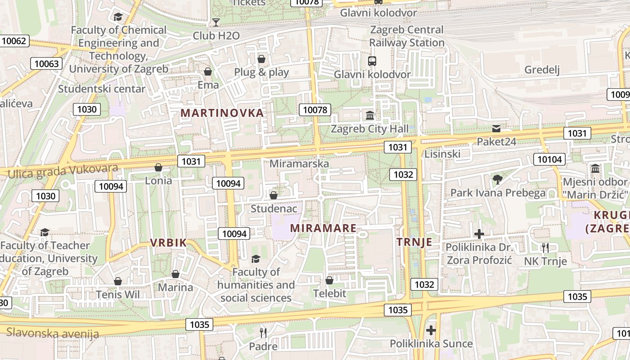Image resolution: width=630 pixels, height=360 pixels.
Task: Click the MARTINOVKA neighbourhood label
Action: tap(222, 113)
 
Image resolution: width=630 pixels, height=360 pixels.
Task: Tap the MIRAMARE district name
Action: tap(323, 228)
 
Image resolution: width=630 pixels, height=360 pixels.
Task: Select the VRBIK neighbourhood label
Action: tap(168, 243)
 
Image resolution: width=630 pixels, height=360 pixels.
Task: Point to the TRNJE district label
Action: tap(414, 242)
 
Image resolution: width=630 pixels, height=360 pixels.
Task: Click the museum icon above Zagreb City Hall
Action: tap(370, 116)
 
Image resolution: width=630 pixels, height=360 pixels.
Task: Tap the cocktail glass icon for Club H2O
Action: tap(216, 22)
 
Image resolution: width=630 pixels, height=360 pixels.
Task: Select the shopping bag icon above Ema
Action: tap(208, 72)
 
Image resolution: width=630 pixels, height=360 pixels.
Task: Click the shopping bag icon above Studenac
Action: tap(273, 195)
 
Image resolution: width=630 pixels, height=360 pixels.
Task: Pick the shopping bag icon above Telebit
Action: tap(329, 280)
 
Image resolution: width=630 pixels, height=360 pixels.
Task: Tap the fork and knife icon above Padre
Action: tap(263, 333)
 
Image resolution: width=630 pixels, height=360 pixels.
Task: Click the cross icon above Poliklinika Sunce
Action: tap(431, 330)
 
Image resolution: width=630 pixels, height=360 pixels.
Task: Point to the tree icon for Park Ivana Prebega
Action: tap(497, 180)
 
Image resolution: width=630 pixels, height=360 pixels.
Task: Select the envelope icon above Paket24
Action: tap(496, 129)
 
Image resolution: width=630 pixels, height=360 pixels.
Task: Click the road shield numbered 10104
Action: tap(550, 159)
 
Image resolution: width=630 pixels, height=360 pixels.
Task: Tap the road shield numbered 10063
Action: tap(46, 63)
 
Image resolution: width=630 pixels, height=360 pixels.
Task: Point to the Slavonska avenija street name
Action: tap(53, 333)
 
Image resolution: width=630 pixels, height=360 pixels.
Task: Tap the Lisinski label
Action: tap(442, 154)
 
